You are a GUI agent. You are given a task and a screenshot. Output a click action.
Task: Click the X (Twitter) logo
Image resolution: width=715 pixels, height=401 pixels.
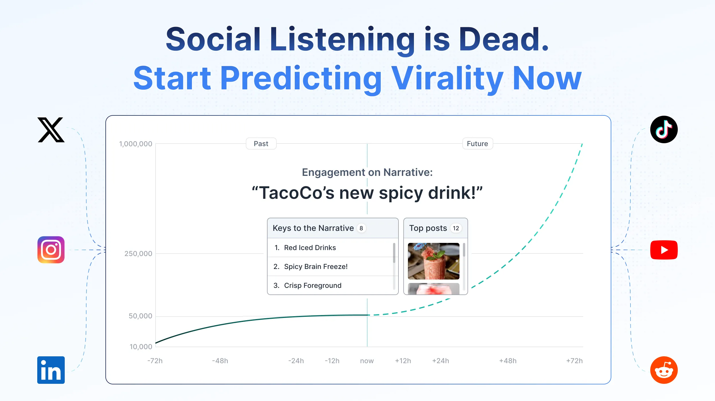pyautogui.click(x=51, y=130)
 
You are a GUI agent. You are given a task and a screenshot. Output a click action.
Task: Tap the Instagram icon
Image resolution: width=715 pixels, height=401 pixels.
pyautogui.click(x=51, y=250)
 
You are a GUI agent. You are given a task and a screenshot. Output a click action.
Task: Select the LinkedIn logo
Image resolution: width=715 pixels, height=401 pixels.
pyautogui.click(x=51, y=370)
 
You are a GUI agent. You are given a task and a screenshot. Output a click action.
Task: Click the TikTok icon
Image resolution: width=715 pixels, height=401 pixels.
pyautogui.click(x=664, y=129)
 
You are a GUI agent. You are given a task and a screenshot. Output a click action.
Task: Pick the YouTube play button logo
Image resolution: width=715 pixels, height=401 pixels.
pyautogui.click(x=664, y=250)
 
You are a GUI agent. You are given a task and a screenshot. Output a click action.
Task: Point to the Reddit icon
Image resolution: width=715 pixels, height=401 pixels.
pyautogui.click(x=664, y=370)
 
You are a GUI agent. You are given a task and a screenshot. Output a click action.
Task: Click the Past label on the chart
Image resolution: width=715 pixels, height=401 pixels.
pyautogui.click(x=261, y=144)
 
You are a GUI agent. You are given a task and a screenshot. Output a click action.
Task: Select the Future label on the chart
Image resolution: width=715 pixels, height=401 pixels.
pyautogui.click(x=478, y=144)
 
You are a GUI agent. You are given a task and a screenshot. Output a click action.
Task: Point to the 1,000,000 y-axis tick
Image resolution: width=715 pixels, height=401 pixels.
pyautogui.click(x=135, y=144)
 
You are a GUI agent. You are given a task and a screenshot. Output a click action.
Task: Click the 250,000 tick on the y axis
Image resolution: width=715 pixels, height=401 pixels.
pyautogui.click(x=138, y=253)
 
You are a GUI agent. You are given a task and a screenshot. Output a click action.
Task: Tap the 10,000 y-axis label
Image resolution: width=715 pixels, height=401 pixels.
pyautogui.click(x=141, y=347)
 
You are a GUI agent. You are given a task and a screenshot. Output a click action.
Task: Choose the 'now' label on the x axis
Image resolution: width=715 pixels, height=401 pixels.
pyautogui.click(x=367, y=361)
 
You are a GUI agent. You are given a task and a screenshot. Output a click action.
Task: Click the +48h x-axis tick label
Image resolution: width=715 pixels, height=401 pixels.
pyautogui.click(x=508, y=361)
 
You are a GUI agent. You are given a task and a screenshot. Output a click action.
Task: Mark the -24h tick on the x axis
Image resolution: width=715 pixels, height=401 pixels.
pyautogui.click(x=296, y=361)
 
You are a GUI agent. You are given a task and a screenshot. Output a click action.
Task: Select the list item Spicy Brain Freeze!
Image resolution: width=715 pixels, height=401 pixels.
pyautogui.click(x=316, y=266)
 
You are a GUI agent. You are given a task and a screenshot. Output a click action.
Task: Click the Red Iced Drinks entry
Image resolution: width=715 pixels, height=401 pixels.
pyautogui.click(x=310, y=247)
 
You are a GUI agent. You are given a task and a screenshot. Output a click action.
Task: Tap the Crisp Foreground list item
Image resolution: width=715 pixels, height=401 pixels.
pyautogui.click(x=313, y=285)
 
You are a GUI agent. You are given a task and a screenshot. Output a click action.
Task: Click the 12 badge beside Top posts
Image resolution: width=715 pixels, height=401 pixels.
pyautogui.click(x=456, y=228)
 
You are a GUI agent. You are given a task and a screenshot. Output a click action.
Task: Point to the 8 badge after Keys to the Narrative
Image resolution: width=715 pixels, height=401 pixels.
pyautogui.click(x=361, y=228)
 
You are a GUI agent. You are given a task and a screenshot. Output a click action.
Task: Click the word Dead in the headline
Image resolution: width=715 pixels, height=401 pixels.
pyautogui.click(x=504, y=39)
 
